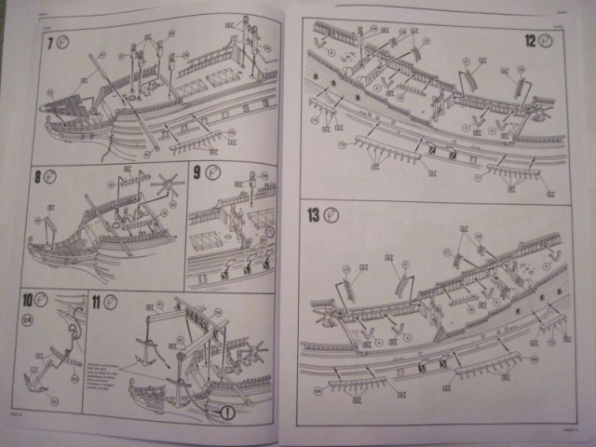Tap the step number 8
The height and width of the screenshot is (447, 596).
38,176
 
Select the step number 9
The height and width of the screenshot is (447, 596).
197,171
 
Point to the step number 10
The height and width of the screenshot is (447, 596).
29,301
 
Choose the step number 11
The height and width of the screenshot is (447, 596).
97,300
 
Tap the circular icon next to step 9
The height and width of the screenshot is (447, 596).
212,171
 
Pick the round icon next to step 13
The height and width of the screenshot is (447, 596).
332,215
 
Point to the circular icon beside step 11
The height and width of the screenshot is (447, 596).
111,300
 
